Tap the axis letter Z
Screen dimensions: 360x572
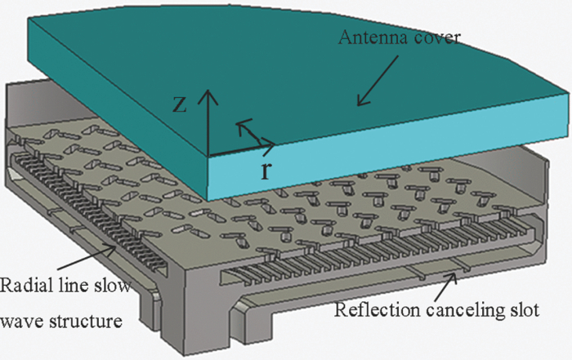coord(185,104)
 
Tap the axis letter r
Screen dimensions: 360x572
coord(266,171)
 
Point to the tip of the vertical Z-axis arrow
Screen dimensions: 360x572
coord(209,90)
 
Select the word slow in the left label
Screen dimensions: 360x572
coord(107,286)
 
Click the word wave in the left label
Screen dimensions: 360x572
coord(25,321)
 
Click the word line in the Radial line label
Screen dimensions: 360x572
coord(69,286)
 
